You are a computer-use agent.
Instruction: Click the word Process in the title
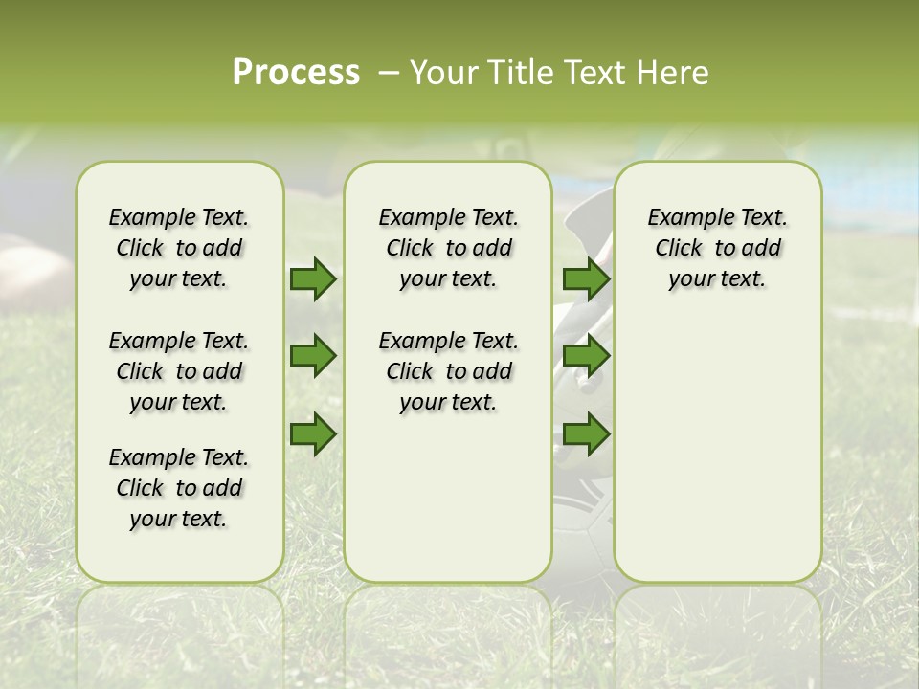pos(296,73)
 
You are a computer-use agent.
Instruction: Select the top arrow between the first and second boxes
pos(312,279)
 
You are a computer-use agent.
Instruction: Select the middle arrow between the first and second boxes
pos(312,357)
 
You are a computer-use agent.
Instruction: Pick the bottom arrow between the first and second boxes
pos(312,434)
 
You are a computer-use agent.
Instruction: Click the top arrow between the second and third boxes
pos(586,279)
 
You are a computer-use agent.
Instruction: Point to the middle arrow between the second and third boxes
pos(586,357)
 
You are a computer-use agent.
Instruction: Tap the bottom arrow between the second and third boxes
pos(586,434)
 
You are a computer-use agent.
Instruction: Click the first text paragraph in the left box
pos(179,248)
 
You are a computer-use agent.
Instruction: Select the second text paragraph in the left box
pos(179,371)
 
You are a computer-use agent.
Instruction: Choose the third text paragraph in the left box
pos(179,488)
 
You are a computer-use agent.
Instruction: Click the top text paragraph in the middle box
pos(448,248)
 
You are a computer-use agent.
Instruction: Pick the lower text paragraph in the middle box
pos(448,371)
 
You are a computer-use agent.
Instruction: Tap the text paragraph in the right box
pos(717,248)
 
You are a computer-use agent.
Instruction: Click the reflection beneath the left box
pos(179,622)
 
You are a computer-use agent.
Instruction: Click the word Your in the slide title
pos(442,73)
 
